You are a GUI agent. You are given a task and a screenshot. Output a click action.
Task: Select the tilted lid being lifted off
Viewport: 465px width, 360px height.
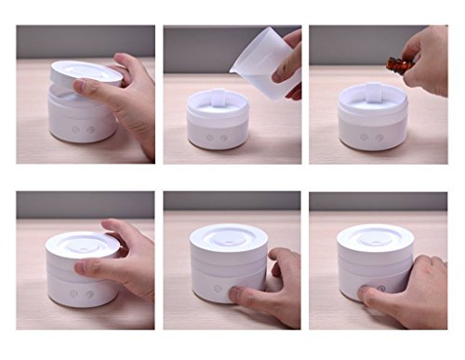(86, 73)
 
